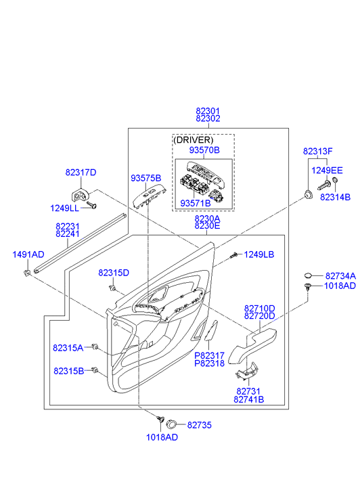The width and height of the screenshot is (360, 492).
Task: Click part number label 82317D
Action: click(x=81, y=173)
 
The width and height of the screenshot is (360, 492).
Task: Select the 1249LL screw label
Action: click(x=65, y=208)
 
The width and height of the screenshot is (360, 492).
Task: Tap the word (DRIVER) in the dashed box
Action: click(x=194, y=139)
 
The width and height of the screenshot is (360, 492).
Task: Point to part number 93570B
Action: click(x=204, y=150)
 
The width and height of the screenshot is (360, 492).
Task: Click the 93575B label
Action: click(x=146, y=178)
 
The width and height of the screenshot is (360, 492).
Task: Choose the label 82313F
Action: click(x=317, y=151)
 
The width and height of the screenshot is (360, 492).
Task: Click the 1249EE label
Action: click(x=327, y=171)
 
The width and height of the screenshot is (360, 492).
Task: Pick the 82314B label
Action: click(x=335, y=197)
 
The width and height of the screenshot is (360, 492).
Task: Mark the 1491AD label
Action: click(x=28, y=254)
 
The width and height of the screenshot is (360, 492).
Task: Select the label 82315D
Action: click(x=114, y=273)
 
